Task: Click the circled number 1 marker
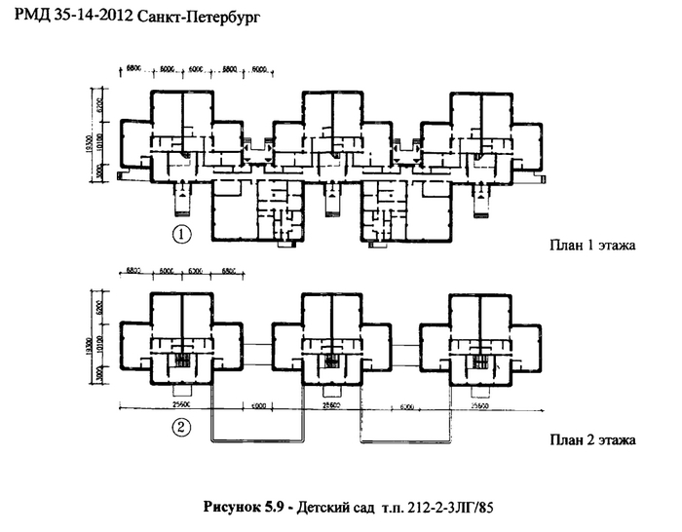point(179,233)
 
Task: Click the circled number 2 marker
point(180,426)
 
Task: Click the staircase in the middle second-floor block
point(329,361)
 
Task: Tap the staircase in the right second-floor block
point(478,361)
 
